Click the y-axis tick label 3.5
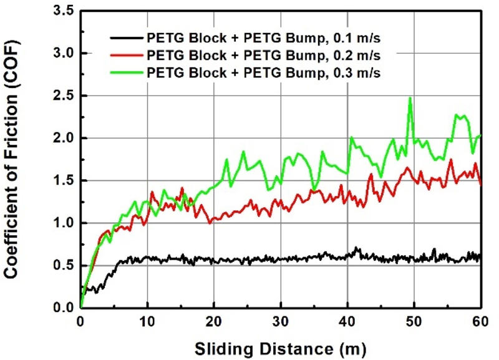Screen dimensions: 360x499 tap(65, 12)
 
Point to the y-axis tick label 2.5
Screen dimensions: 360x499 tap(65, 96)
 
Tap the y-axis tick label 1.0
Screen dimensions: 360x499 tap(65, 223)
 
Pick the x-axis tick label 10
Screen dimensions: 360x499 tap(147, 322)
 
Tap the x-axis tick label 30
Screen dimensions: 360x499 tap(281, 322)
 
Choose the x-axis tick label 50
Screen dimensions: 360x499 tap(414, 322)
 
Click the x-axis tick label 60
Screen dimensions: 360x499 tap(480, 322)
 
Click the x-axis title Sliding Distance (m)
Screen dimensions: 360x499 tap(280, 345)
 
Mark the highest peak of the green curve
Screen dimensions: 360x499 tap(410, 98)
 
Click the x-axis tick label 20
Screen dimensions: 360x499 tap(214, 322)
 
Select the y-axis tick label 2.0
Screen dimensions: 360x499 tap(65, 139)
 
